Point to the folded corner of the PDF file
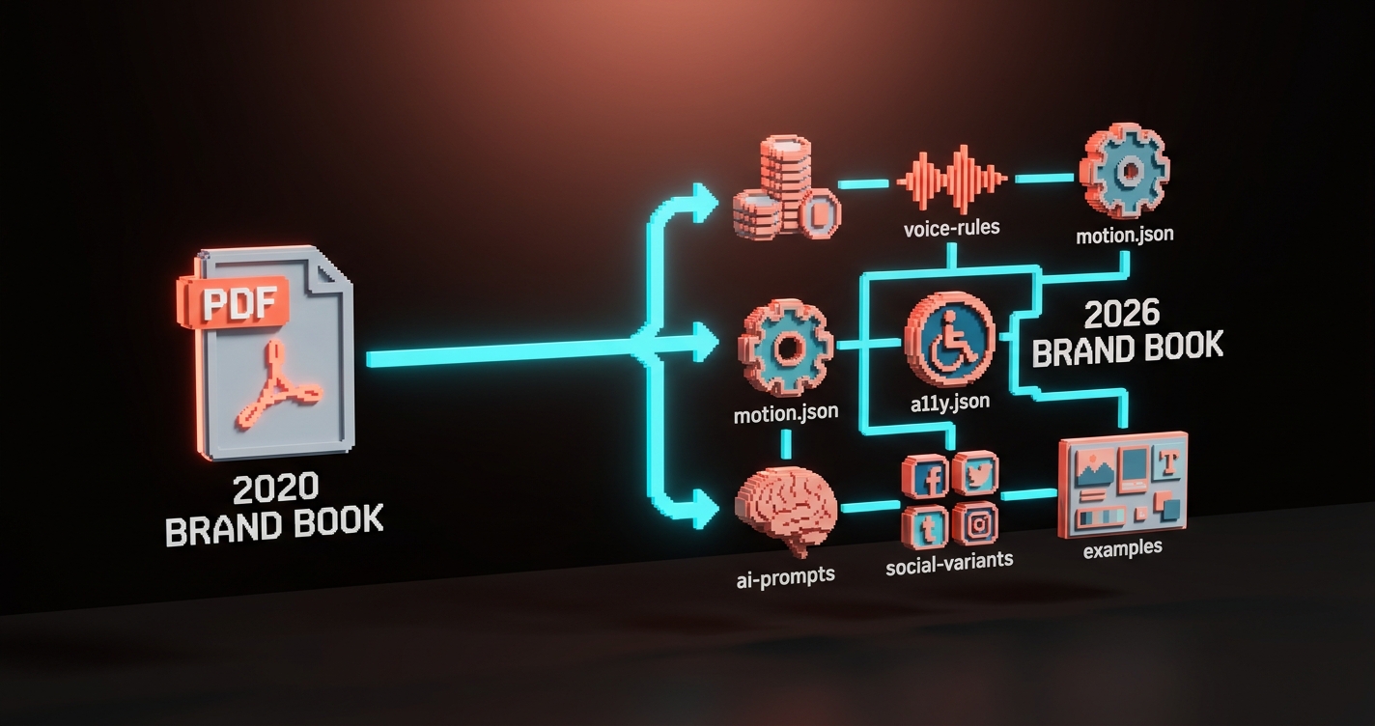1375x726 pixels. coord(332,269)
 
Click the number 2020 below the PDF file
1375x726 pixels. coord(274,489)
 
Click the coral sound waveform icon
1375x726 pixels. coord(952,179)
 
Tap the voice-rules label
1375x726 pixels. coord(952,230)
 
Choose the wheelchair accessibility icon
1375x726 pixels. coord(948,337)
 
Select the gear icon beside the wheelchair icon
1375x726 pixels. coord(786,347)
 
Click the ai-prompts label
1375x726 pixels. coord(785,575)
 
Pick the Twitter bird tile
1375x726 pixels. coord(975,472)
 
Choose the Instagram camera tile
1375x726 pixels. coord(975,524)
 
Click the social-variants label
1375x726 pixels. coord(950,562)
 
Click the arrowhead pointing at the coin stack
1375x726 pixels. coord(709,202)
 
